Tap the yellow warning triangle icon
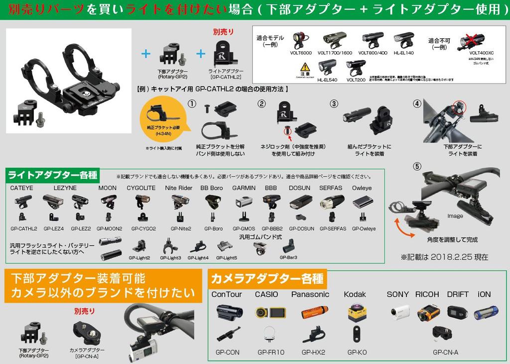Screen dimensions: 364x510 coord(305,67)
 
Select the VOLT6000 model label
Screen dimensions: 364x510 coord(301,52)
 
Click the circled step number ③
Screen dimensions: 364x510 coord(334,103)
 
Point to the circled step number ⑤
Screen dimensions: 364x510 coord(417,167)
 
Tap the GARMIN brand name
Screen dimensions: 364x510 coord(244,188)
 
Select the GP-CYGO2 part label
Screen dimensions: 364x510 coord(143,229)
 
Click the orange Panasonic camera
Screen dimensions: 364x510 coord(315,312)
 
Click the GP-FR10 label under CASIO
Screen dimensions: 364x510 coord(271,352)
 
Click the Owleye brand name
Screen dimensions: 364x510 coord(362,188)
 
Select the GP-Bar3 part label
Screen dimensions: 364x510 coord(288,258)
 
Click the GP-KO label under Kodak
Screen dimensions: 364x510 coord(357,352)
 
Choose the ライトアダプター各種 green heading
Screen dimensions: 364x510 coord(53,175)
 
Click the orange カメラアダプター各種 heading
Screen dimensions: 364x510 coord(267,278)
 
